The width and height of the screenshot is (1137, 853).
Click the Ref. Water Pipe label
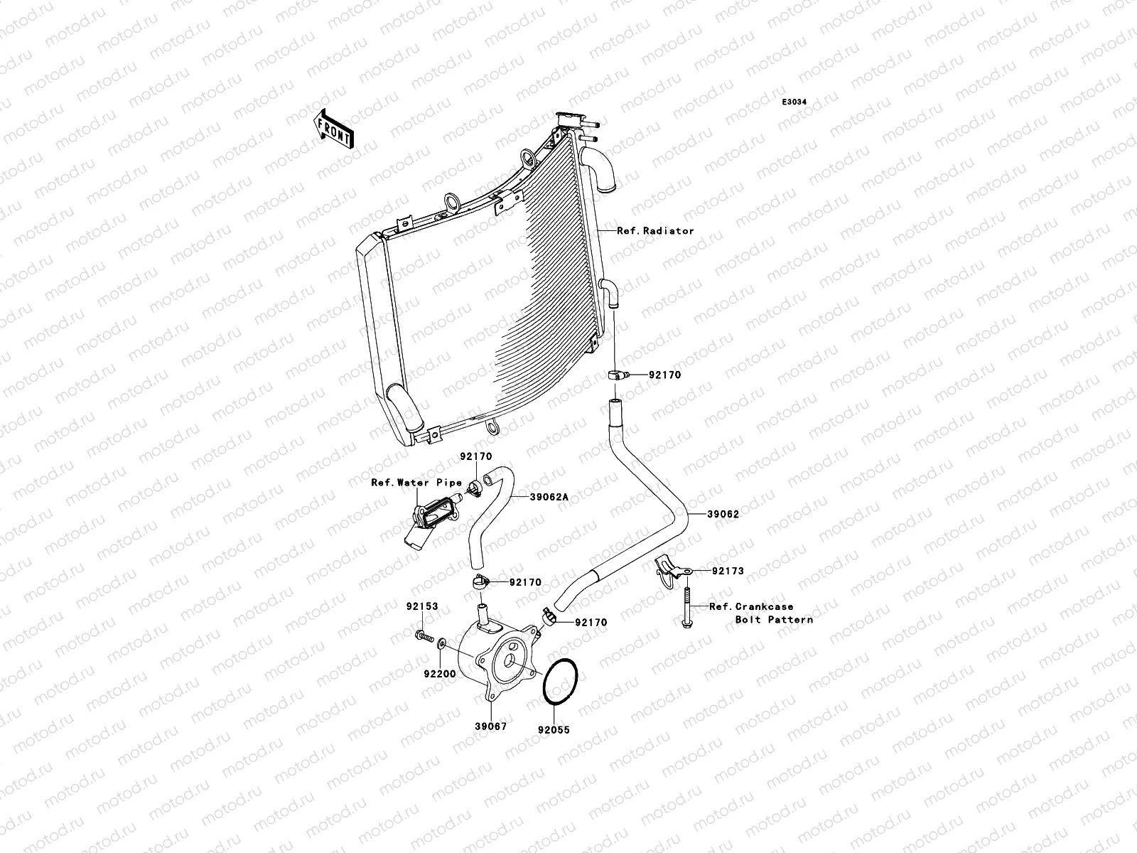click(x=416, y=483)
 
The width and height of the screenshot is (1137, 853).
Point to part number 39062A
click(x=549, y=498)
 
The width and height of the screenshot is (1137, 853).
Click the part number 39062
click(x=723, y=514)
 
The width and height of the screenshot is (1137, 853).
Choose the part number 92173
click(x=728, y=571)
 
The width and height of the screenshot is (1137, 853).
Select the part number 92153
click(x=422, y=607)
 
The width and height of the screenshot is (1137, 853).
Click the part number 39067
click(x=491, y=726)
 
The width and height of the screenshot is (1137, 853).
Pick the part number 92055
click(x=554, y=730)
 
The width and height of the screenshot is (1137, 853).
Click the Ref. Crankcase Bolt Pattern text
click(x=761, y=613)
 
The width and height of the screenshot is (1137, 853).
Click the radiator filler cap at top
click(x=571, y=119)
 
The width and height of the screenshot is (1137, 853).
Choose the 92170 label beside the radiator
click(x=663, y=375)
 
